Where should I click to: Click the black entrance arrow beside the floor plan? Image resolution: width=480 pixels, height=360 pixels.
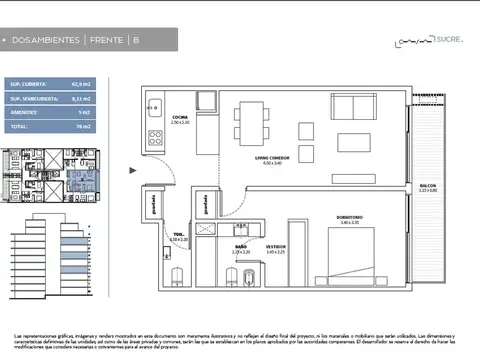(137, 171)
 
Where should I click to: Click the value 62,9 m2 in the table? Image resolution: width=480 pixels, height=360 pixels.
(83, 85)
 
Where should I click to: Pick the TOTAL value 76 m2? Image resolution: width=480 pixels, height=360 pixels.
(83, 127)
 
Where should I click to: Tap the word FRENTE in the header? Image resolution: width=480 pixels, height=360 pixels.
(106, 40)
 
